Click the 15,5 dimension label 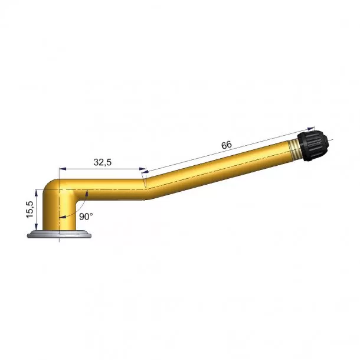[x=30, y=210]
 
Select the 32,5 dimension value [x=103, y=162]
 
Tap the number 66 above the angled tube [x=227, y=145]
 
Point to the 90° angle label [x=86, y=217]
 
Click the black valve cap [x=313, y=146]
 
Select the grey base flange [x=59, y=234]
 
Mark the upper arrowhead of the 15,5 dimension [x=36, y=193]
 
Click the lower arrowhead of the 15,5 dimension [x=36, y=227]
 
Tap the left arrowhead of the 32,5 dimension [x=63, y=169]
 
